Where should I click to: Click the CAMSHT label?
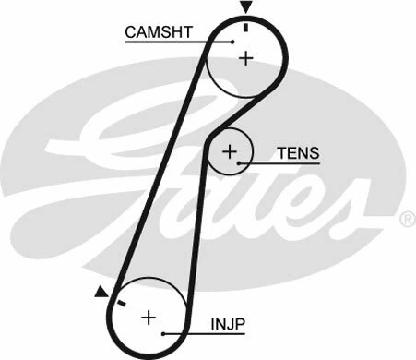click(159, 32)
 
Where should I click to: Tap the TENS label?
click(296, 151)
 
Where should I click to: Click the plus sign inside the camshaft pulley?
click(245, 58)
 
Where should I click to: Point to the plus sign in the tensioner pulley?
click(230, 150)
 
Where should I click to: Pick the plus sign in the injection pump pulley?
click(148, 318)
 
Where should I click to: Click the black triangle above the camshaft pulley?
click(245, 7)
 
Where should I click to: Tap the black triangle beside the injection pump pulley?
click(101, 293)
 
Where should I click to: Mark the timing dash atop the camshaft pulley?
click(245, 26)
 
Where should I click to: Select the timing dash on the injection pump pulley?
click(119, 301)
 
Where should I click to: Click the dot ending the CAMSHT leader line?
click(232, 41)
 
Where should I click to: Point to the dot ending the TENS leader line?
click(240, 163)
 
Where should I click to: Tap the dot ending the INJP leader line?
click(162, 333)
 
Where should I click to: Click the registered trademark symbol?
click(407, 220)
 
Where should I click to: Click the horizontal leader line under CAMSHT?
click(175, 42)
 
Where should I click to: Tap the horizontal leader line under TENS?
click(281, 163)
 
